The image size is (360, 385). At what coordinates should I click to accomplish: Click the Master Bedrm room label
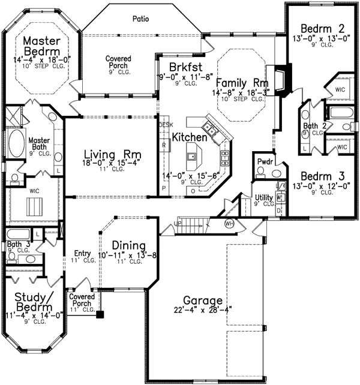(41, 47)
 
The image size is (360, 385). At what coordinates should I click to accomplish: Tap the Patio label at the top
(141, 19)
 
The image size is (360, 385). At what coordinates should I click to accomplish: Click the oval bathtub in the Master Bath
(15, 146)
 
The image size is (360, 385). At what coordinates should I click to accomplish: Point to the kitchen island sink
(192, 158)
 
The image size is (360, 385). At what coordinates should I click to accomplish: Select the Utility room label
(264, 197)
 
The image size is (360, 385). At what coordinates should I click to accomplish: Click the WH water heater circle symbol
(228, 224)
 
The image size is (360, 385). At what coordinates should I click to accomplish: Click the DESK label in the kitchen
(165, 124)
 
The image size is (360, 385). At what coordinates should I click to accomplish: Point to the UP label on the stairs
(176, 223)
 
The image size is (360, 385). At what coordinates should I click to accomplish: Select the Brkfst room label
(185, 67)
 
